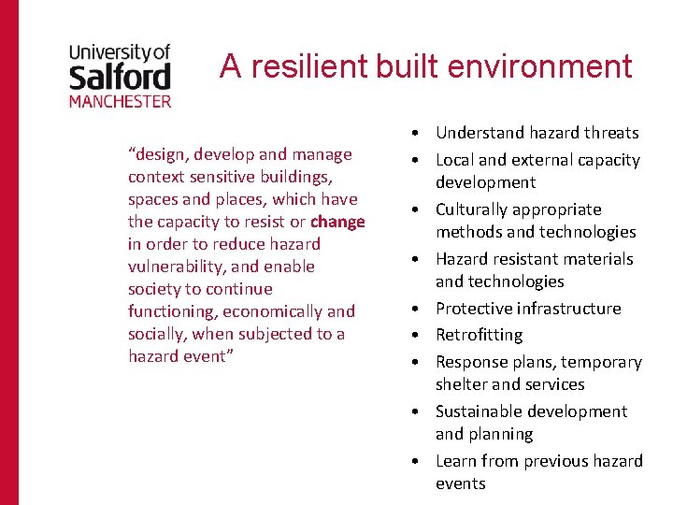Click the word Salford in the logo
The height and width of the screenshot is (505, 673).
120,75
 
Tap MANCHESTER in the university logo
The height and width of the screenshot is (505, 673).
120,100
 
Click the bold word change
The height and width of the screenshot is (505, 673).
337,222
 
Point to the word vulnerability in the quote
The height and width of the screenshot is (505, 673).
172,267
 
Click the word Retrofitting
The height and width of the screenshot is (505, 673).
480,335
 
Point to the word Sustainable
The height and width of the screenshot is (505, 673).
482,411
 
